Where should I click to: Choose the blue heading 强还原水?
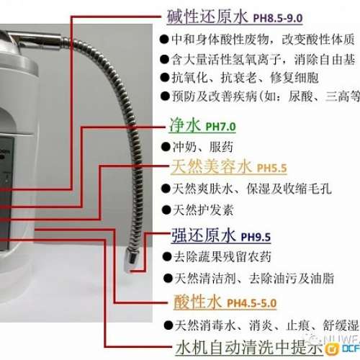point(202,235)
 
